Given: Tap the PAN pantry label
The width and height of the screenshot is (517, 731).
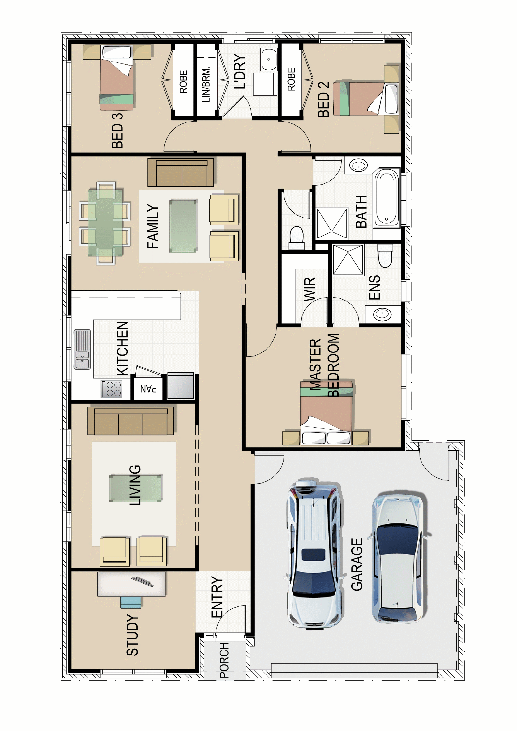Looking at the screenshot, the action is [148, 389].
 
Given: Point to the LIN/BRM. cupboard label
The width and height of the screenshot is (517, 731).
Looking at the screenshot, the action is [206, 84].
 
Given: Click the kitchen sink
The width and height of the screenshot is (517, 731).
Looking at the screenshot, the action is [82, 349].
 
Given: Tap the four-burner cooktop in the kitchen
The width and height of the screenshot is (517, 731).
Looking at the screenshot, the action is [111, 389].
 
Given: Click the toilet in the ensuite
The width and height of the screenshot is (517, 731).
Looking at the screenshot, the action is [385, 256].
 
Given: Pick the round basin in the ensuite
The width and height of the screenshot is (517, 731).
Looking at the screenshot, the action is [382, 314].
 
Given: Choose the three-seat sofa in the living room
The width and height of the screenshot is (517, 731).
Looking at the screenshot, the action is [131, 421].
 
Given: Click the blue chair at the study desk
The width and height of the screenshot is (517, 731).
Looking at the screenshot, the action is [131, 602].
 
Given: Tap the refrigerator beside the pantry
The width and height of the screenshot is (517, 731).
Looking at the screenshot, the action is [181, 385].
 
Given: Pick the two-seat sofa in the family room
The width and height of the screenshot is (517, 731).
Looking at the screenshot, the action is [181, 172].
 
